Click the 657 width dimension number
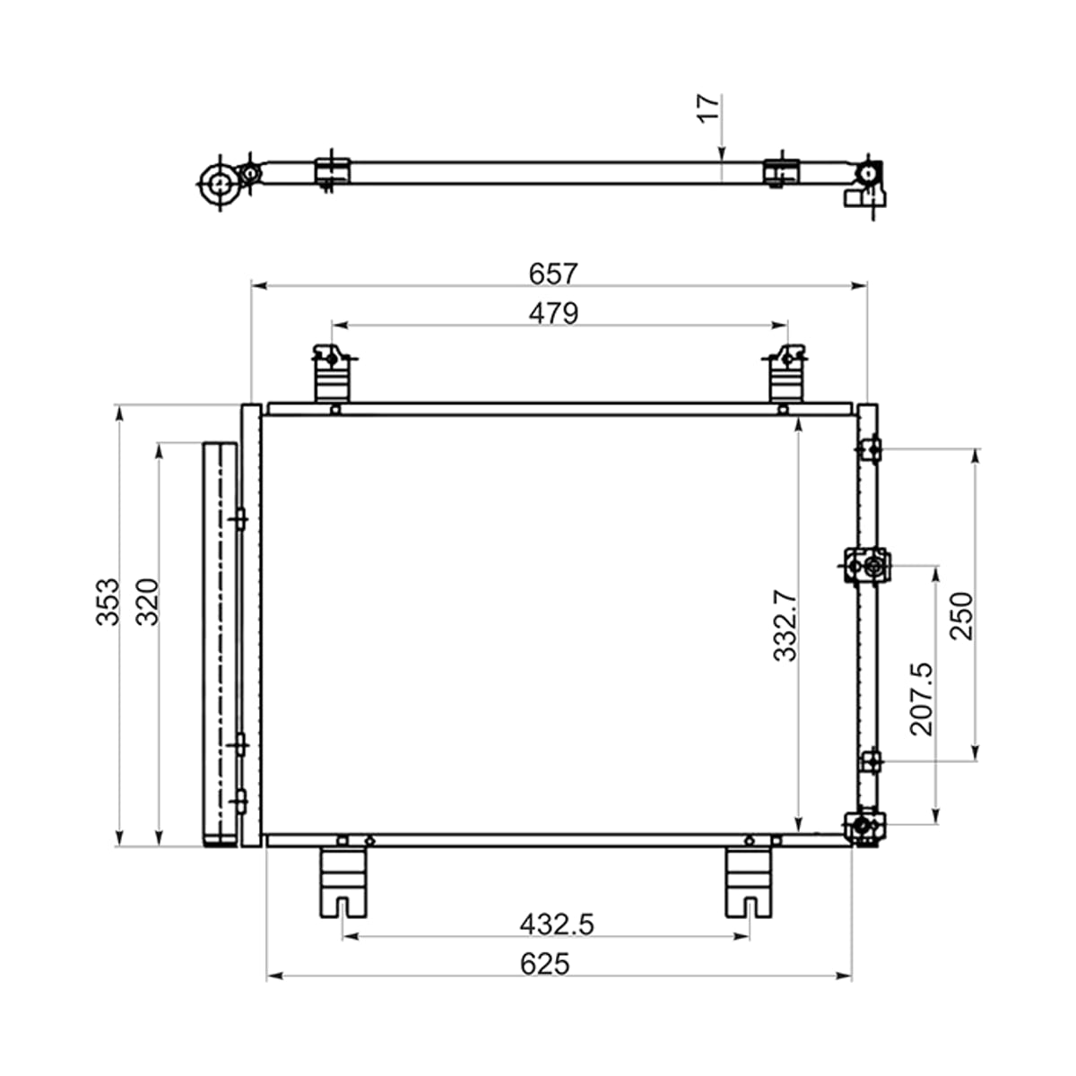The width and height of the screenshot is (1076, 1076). click(553, 273)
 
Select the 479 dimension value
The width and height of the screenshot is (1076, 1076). click(553, 313)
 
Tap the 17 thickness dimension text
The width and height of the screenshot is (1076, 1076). click(708, 108)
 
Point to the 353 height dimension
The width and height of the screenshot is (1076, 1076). click(108, 602)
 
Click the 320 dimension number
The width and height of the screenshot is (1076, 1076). click(148, 602)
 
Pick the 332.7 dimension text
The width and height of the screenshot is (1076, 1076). click(785, 625)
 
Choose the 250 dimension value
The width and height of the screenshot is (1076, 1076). click(961, 616)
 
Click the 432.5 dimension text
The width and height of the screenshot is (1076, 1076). click(557, 924)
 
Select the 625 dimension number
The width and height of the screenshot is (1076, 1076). click(544, 964)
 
